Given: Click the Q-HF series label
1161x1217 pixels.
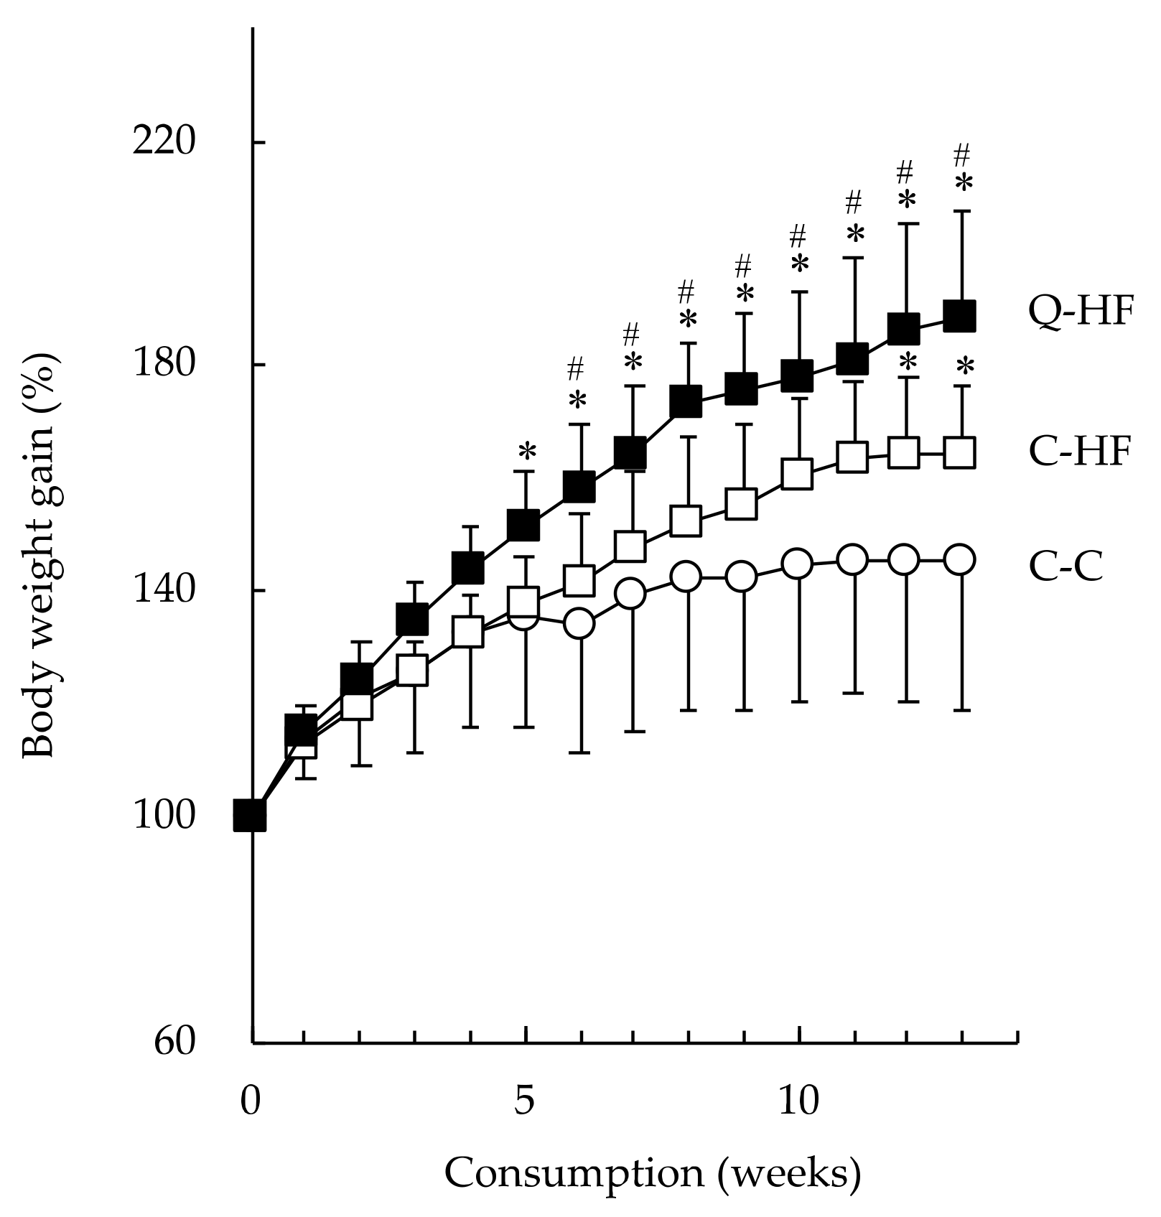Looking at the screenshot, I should tap(1081, 312).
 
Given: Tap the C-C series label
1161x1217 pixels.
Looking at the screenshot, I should tap(1066, 566).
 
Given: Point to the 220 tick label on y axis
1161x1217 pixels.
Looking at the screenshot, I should tap(164, 141).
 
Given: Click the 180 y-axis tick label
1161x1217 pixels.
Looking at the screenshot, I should tap(164, 364).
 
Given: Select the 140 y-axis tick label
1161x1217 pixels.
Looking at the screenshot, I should tap(164, 589).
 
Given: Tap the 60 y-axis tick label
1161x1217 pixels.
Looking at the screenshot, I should tap(174, 1041).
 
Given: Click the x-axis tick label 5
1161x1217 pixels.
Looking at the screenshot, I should tap(525, 1101).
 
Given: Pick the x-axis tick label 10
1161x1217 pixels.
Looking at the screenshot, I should tap(798, 1101).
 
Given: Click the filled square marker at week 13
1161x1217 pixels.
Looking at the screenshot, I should tap(960, 316).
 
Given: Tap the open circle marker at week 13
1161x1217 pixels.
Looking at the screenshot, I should tap(960, 559).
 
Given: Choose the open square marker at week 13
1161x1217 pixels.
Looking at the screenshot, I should tap(960, 453).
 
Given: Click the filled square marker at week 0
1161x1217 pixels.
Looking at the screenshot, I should tap(251, 816).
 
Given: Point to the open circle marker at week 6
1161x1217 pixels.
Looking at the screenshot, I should tap(579, 623).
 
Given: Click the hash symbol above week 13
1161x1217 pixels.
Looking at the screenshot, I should tap(961, 154).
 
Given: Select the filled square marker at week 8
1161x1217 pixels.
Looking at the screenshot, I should tap(686, 401).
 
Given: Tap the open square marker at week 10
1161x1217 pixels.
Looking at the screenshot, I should tap(798, 474).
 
